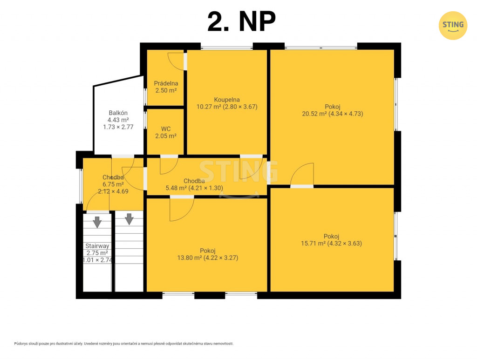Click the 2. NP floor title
pyautogui.click(x=242, y=21)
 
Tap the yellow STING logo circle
pyautogui.click(x=453, y=26)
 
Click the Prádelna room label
pyautogui.click(x=166, y=83)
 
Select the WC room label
pyautogui.click(x=166, y=129)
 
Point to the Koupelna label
pyautogui.click(x=227, y=100)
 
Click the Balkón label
pyautogui.click(x=118, y=113)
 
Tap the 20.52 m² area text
pyautogui.click(x=314, y=114)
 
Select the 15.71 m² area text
pyautogui.click(x=313, y=243)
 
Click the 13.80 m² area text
pyautogui.click(x=190, y=258)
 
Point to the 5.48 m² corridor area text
pyautogui.click(x=177, y=188)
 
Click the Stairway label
pyautogui.click(x=97, y=246)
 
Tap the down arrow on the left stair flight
pyautogui.click(x=97, y=222)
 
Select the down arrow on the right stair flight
pyautogui.click(x=129, y=219)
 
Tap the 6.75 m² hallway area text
pyautogui.click(x=113, y=184)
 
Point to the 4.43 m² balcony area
pyautogui.click(x=118, y=120)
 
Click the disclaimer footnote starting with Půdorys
pyautogui.click(x=124, y=344)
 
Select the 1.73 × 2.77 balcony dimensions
pyautogui.click(x=118, y=127)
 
